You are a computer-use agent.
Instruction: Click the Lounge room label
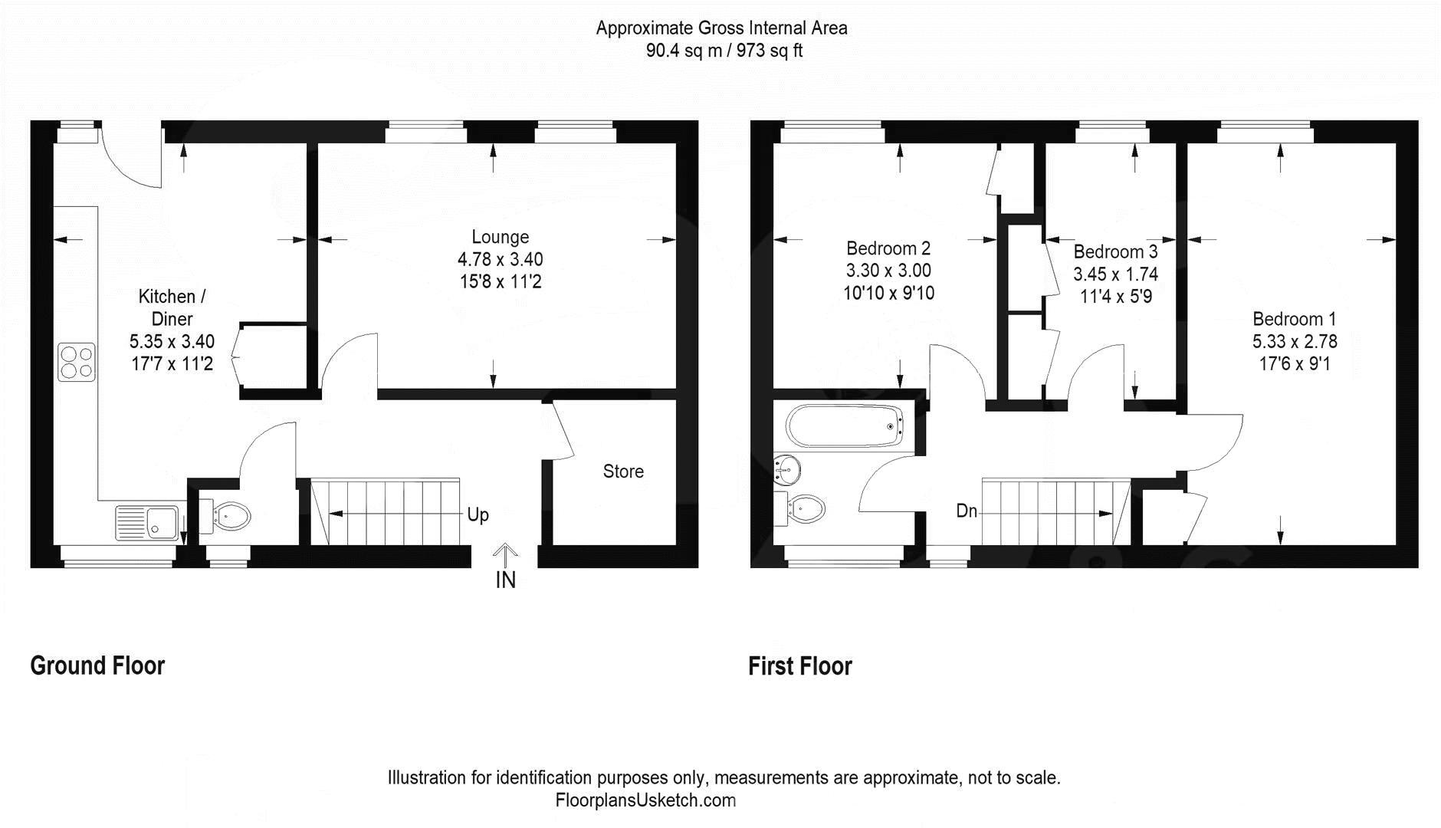point(500,238)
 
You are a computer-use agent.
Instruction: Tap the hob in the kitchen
point(77,363)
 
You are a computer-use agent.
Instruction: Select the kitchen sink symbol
point(147,523)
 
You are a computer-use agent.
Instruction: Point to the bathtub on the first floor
point(845,426)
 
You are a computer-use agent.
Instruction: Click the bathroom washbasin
point(787,469)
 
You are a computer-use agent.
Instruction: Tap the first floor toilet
point(805,508)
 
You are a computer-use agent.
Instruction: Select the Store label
point(622,472)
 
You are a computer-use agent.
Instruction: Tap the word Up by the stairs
point(478,514)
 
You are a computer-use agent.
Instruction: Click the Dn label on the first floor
point(966,511)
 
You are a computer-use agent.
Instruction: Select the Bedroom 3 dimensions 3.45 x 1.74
point(1115,274)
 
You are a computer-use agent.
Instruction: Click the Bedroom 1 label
point(1294,319)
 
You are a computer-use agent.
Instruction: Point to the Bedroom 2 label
point(888,248)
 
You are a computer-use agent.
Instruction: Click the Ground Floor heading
point(97,665)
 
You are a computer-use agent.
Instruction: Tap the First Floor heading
point(799,666)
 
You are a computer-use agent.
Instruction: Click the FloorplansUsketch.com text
point(645,800)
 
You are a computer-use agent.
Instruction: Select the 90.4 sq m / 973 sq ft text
point(724,51)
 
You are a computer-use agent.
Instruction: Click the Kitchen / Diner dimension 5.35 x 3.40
point(172,341)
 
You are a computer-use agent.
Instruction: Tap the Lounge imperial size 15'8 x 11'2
point(500,282)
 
